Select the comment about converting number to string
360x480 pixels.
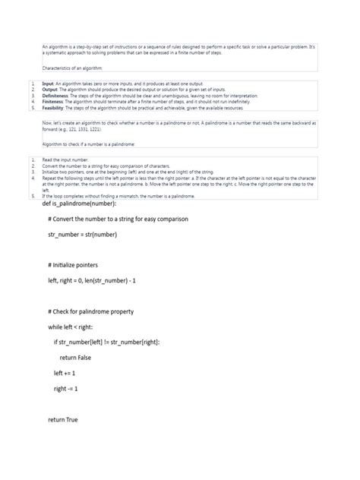(117, 219)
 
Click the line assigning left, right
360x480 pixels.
(91, 281)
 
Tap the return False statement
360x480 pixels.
(81, 358)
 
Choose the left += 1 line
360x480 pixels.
(65, 373)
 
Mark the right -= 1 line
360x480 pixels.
(66, 388)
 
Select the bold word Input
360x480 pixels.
(48, 84)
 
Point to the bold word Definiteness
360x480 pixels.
(56, 96)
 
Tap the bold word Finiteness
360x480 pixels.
(53, 102)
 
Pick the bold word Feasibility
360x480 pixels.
(53, 108)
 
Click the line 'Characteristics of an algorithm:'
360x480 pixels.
(77, 68)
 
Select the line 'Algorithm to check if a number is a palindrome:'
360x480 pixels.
(89, 144)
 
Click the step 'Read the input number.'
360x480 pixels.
(65, 161)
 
